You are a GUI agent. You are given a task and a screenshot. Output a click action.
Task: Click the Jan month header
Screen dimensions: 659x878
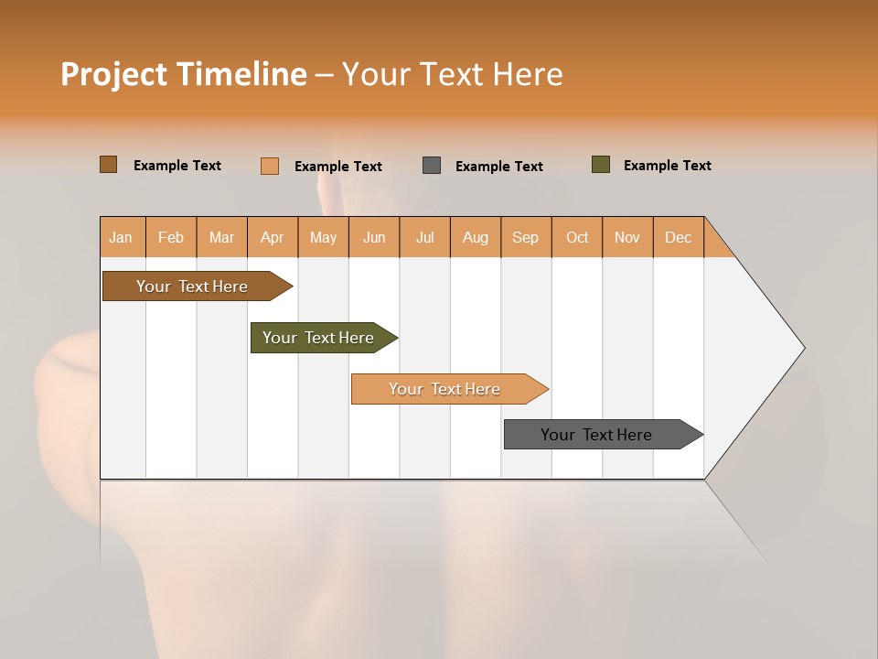click(x=122, y=237)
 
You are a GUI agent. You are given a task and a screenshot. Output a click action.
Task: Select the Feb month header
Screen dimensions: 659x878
click(x=171, y=237)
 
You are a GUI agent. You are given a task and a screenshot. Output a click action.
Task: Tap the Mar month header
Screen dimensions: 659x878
click(x=221, y=237)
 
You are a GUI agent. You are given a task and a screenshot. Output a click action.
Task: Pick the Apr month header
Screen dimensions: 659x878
click(x=273, y=237)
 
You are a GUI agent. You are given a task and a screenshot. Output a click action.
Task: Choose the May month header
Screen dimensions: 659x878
click(x=323, y=237)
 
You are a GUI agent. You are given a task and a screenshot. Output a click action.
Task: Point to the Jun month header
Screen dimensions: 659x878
click(x=374, y=237)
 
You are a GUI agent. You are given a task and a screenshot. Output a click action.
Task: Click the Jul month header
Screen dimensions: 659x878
click(x=424, y=237)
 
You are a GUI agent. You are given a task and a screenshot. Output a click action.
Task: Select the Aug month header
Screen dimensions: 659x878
click(x=476, y=237)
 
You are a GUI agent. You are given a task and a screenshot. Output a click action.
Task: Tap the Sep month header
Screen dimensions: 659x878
click(x=526, y=237)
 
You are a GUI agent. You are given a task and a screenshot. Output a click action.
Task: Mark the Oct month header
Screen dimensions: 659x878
click(x=577, y=237)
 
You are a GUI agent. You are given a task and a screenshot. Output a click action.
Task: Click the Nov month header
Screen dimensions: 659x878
click(x=627, y=237)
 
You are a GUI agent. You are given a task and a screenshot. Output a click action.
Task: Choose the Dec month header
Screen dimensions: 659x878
click(x=679, y=237)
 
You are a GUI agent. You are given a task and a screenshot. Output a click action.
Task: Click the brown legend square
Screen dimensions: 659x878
click(x=109, y=165)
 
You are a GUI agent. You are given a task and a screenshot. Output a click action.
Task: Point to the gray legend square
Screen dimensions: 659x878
click(x=432, y=166)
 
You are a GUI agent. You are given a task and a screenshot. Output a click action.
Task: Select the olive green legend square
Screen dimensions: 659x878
click(x=601, y=165)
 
